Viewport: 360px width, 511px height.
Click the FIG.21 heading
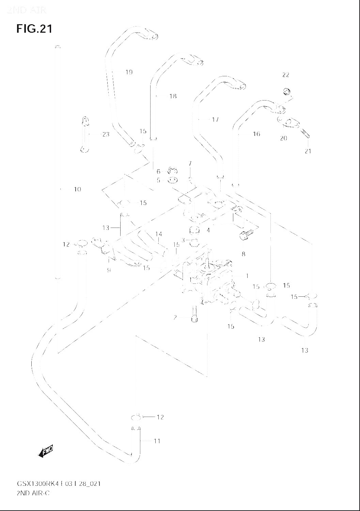click(34, 29)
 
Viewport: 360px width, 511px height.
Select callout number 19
click(129, 72)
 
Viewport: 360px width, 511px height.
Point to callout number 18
click(173, 96)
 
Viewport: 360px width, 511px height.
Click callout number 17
click(215, 120)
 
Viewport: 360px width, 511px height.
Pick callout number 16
click(256, 134)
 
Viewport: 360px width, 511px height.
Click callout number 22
click(285, 75)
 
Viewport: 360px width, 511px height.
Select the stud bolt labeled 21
click(306, 134)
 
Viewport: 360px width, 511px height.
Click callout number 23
click(106, 134)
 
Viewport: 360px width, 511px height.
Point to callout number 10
click(77, 189)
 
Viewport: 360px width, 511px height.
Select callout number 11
click(157, 441)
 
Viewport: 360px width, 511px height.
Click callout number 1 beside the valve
click(247, 276)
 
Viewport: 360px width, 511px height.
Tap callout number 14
click(158, 234)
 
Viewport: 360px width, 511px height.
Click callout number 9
click(109, 270)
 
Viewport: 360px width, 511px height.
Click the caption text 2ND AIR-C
click(33, 493)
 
